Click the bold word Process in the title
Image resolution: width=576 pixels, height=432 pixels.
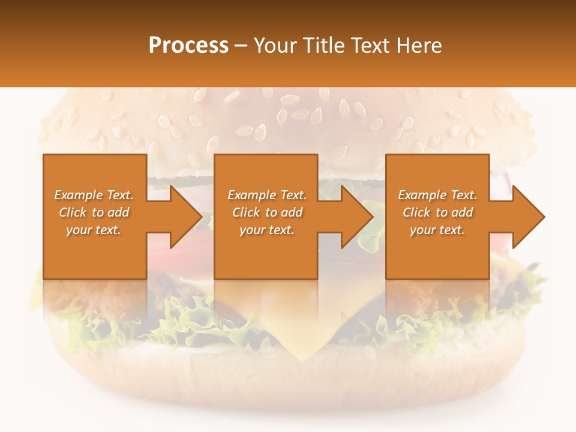[188, 46]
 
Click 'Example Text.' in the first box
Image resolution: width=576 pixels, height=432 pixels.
[94, 195]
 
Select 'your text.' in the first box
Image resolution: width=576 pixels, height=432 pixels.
[94, 230]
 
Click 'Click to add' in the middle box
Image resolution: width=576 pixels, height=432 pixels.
[267, 212]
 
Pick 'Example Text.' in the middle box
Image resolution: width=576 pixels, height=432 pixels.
[267, 195]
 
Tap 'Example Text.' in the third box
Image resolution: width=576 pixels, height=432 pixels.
[437, 195]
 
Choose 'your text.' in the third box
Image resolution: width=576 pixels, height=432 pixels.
[437, 230]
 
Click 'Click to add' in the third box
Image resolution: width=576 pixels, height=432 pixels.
[437, 212]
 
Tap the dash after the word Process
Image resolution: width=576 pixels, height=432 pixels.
[241, 46]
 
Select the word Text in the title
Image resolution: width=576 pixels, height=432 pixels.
[370, 46]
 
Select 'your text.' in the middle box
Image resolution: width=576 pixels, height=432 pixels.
[267, 230]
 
